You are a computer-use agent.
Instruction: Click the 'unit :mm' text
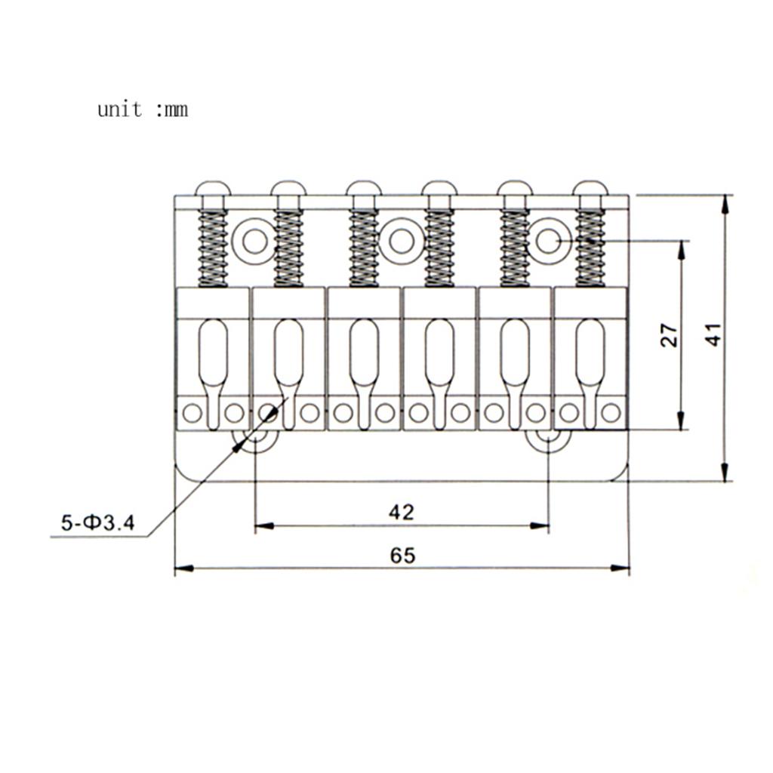pos(143,109)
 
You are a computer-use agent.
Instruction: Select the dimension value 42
pos(402,513)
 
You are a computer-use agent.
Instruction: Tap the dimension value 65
pos(402,556)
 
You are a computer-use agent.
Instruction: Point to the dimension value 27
pos(669,335)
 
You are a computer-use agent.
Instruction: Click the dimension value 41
pos(715,334)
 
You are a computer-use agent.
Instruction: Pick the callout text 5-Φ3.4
pos(97,522)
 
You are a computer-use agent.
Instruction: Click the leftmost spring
pos(213,248)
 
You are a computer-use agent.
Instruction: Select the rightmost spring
pos(590,248)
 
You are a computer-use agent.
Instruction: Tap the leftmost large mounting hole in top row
pos(255,241)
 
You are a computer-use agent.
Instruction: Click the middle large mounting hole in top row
pos(402,241)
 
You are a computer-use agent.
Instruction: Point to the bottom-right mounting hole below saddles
pos(548,439)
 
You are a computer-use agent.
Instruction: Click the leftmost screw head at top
pos(213,188)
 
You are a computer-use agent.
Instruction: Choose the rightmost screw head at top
pos(590,188)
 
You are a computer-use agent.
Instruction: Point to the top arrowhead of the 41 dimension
pos(724,205)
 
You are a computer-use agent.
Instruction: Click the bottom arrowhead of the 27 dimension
pos(681,420)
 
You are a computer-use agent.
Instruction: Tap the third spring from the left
pos(364,248)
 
